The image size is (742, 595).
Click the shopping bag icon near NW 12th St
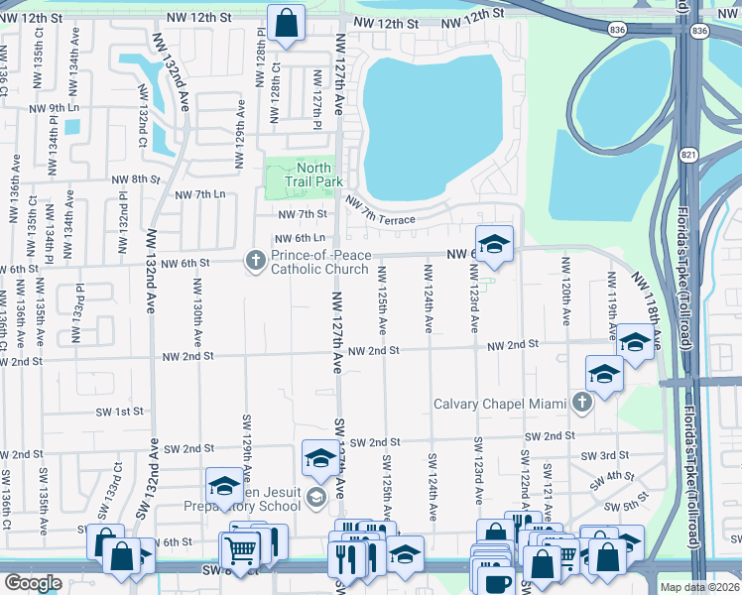click(x=286, y=23)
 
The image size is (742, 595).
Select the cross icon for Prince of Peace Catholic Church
click(x=255, y=261)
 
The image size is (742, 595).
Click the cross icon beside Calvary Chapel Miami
click(x=582, y=403)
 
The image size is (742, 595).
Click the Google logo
click(x=33, y=583)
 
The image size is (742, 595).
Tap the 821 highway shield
click(x=689, y=155)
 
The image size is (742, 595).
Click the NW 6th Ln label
click(x=301, y=239)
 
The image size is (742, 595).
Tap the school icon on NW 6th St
click(x=493, y=241)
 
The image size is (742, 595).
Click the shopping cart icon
click(x=240, y=548)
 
